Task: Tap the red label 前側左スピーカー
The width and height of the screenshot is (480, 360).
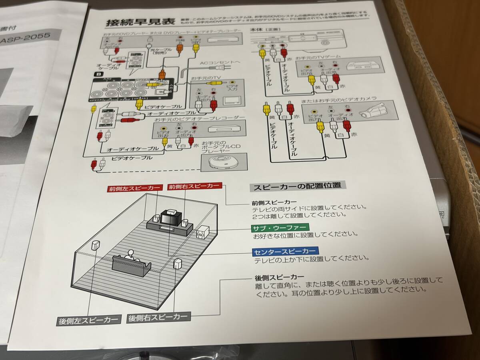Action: [135, 188]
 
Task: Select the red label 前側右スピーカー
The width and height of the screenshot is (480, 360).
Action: [194, 186]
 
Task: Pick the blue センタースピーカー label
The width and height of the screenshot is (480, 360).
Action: [285, 251]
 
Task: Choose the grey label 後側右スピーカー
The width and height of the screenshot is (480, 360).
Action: [158, 318]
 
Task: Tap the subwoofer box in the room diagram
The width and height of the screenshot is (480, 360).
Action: [203, 233]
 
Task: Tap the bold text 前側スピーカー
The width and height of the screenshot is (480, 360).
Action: [274, 202]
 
